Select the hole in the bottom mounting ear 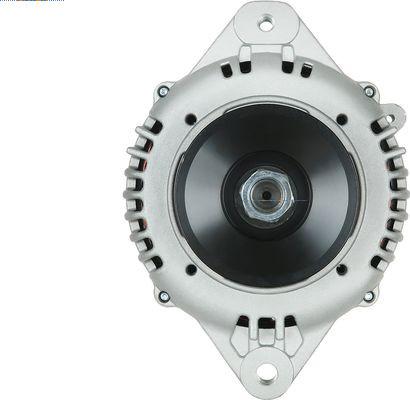266,373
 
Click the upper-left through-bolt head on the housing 163,91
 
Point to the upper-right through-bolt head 369,91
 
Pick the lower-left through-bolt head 163,296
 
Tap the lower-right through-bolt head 369,296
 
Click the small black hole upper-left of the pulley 191,119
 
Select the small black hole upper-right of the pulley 342,119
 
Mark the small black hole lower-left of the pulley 191,269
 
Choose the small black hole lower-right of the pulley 342,269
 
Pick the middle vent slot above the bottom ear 266,324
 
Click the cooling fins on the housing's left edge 139,195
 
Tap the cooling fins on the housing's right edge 393,195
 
